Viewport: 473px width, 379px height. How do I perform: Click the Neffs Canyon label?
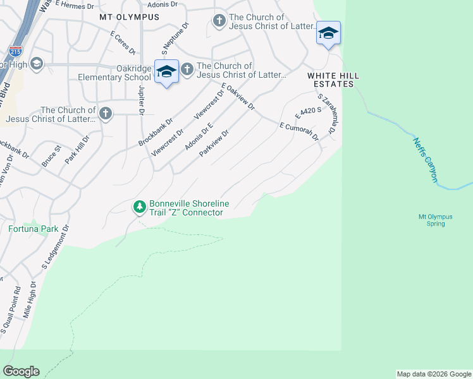[426, 160]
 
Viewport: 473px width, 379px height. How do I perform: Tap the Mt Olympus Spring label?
[436, 220]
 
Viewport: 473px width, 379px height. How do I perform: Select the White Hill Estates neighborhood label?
[333, 80]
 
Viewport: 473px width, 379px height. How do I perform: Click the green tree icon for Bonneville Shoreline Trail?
[139, 207]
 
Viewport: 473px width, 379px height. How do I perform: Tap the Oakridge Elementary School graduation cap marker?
[166, 71]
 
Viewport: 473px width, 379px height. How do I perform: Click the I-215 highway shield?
[16, 50]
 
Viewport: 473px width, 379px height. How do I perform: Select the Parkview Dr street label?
[213, 143]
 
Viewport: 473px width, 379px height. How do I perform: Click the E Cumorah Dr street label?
[300, 131]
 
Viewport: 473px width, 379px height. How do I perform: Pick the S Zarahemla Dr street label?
[326, 114]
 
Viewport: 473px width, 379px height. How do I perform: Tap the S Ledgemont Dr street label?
[54, 248]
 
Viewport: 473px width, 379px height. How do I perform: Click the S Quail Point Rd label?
[11, 310]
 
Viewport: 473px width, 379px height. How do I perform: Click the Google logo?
[21, 371]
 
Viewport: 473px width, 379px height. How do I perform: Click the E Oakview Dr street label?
[238, 97]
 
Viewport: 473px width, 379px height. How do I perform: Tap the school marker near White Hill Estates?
[328, 32]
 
